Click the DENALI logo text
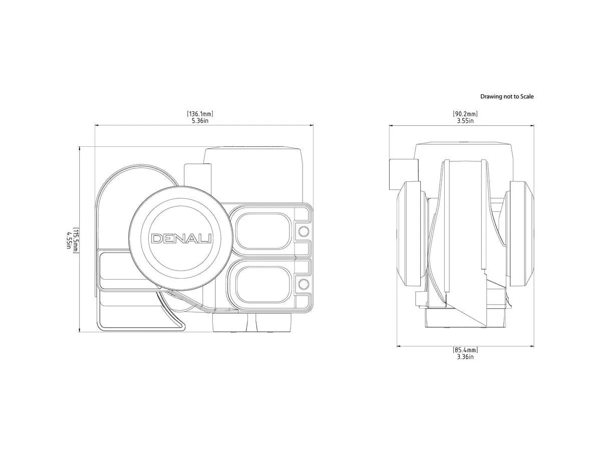(181, 239)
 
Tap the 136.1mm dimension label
(200, 114)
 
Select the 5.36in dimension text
(200, 121)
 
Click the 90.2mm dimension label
(465, 114)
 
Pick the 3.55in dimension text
(465, 121)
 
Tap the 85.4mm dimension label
(465, 350)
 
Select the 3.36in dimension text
(465, 357)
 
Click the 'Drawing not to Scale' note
(507, 96)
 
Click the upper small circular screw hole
(304, 231)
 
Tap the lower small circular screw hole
(304, 285)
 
